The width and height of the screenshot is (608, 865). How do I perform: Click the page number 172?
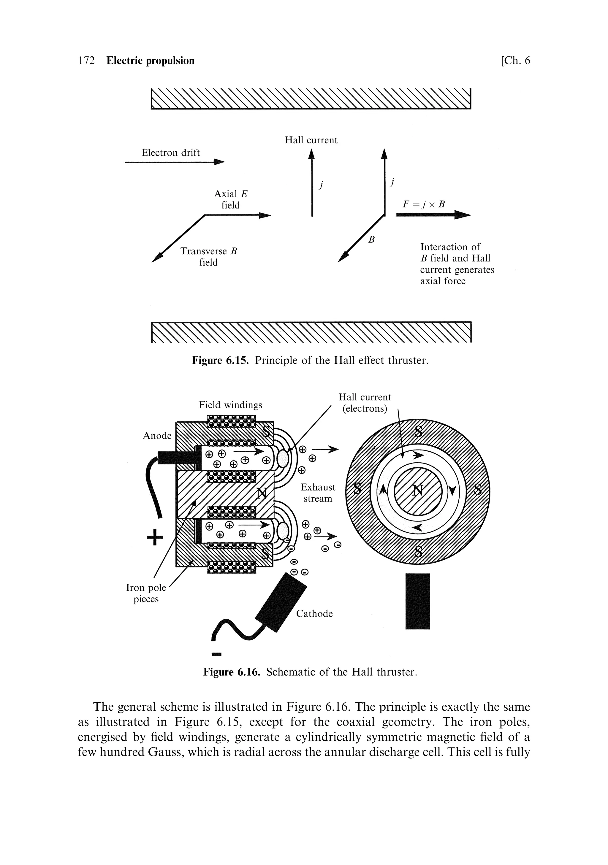click(x=86, y=61)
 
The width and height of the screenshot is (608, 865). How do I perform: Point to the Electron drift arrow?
click(x=174, y=162)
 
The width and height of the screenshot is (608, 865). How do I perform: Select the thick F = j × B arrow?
click(x=433, y=215)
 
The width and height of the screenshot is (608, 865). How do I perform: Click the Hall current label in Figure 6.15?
click(x=311, y=140)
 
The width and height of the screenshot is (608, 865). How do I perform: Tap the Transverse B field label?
click(x=208, y=257)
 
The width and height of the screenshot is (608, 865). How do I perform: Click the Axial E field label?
click(x=231, y=199)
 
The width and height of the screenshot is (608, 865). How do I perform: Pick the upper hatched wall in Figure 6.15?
click(x=311, y=99)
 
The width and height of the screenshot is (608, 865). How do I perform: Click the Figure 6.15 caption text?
click(x=311, y=361)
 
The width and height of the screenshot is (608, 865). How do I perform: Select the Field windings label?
click(x=230, y=405)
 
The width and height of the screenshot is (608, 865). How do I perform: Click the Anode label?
click(x=157, y=436)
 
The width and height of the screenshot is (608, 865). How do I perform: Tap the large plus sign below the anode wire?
click(x=155, y=538)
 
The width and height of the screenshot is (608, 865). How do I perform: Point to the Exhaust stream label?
click(x=318, y=493)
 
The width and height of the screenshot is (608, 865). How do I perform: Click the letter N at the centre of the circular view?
click(x=418, y=490)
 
